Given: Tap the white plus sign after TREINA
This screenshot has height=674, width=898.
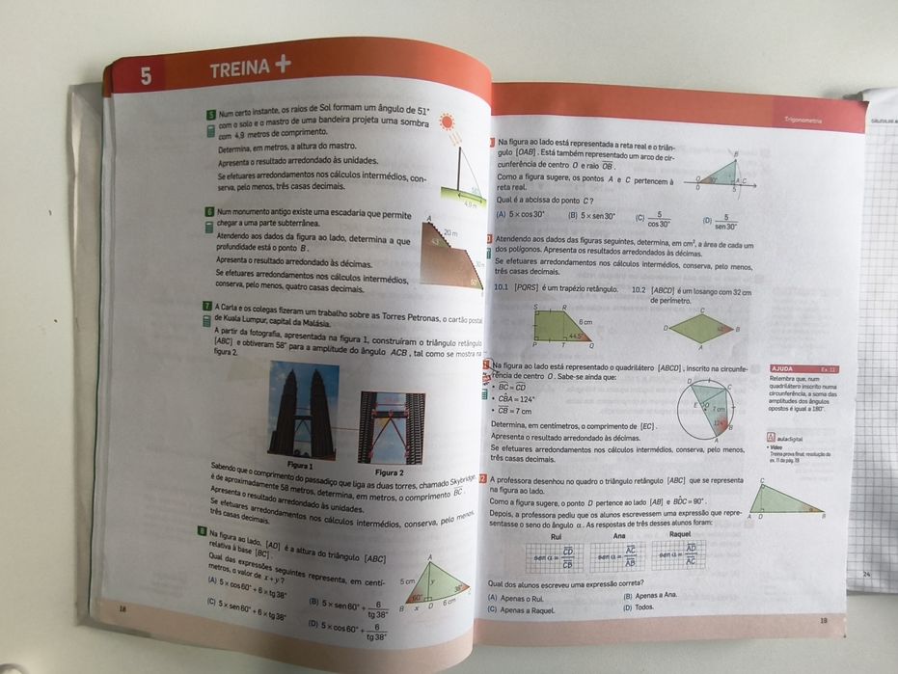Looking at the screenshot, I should pos(283,66).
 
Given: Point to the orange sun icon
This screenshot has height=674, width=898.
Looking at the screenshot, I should pos(447,122).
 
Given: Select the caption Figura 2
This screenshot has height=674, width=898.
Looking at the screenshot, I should pos(389,472).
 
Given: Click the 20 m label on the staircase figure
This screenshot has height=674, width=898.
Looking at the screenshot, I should pos(451,233).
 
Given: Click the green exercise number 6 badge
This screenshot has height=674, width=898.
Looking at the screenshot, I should pos(209,211).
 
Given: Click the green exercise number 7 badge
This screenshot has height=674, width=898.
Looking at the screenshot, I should pos(207,306).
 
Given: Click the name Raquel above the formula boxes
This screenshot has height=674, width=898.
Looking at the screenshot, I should pos(680,534).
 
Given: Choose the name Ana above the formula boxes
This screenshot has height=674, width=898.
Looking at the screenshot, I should pos(619,535).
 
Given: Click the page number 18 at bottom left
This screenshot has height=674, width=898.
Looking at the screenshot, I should pos(122,608).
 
